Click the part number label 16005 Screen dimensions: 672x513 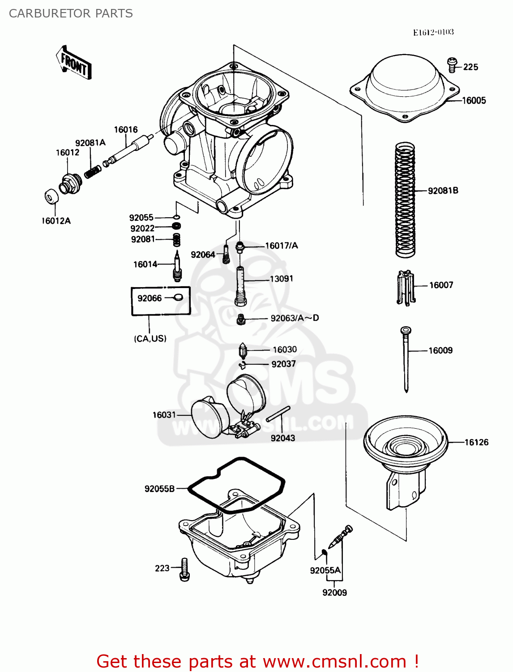474,101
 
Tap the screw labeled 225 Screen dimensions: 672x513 453,65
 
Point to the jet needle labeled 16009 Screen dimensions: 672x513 406,358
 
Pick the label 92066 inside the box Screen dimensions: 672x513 150,298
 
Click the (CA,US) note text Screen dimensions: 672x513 150,339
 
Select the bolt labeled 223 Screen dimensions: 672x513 184,570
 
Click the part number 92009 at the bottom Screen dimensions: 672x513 334,593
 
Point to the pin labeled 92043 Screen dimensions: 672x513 278,414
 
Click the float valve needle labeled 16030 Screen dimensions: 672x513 243,350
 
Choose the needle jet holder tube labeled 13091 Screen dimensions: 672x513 241,286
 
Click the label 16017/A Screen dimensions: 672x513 281,246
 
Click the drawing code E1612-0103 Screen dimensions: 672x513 433,32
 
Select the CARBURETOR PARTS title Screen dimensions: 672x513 71,13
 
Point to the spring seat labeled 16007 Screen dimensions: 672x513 406,288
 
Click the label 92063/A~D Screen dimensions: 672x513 295,318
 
